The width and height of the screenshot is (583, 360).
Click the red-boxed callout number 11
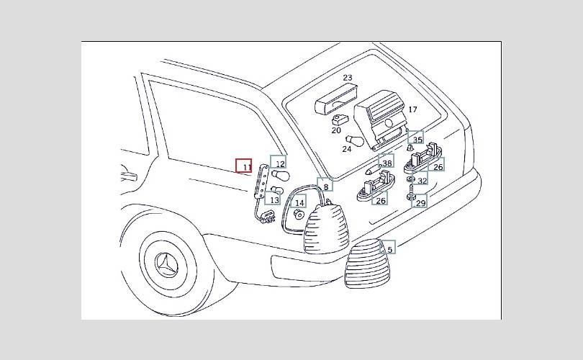245,166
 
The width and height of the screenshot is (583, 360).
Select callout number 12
279,164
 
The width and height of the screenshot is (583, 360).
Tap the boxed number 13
274,199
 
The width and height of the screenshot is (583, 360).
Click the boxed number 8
325,186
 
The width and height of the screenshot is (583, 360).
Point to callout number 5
389,249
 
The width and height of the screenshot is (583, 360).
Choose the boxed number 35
417,139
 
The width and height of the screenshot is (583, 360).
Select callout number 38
387,163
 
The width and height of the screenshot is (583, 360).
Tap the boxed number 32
422,181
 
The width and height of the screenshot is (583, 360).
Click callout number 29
420,204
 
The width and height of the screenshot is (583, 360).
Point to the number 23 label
347,78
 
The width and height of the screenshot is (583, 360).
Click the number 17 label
412,109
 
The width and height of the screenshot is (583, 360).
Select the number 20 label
336,130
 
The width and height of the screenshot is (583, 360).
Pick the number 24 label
347,149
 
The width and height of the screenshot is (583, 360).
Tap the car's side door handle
128,174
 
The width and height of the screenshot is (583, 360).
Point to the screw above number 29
409,192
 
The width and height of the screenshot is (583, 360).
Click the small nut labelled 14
297,215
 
